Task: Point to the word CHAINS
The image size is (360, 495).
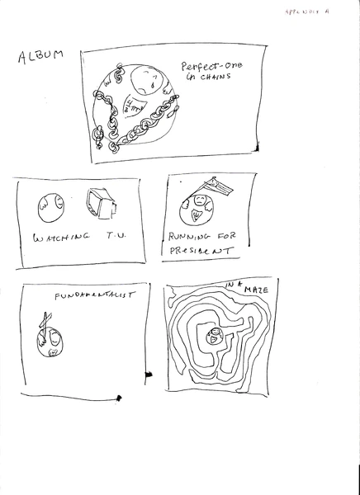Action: (213, 77)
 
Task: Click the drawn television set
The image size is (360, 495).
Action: (100, 204)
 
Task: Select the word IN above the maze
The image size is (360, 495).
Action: (232, 286)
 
